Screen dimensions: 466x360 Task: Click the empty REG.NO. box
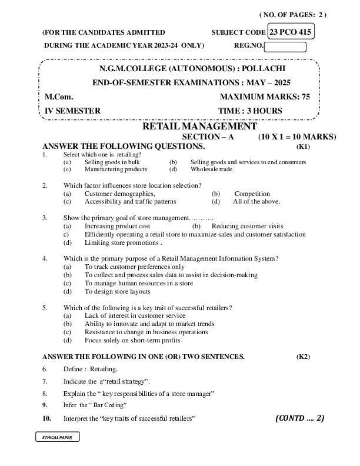click(x=285, y=47)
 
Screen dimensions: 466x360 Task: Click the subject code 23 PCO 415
click(x=291, y=32)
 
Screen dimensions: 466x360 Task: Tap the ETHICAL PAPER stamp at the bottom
click(x=56, y=438)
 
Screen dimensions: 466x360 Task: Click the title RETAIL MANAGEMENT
click(x=199, y=126)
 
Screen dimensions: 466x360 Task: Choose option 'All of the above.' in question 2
click(x=256, y=201)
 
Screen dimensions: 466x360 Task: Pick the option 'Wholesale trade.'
click(x=212, y=169)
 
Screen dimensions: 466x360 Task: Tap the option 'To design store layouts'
click(x=117, y=291)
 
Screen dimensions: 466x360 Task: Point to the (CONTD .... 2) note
click(x=299, y=418)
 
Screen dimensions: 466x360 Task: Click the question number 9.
click(x=45, y=405)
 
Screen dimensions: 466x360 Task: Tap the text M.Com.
click(x=57, y=96)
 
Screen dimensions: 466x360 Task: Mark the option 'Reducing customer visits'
click(x=247, y=226)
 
